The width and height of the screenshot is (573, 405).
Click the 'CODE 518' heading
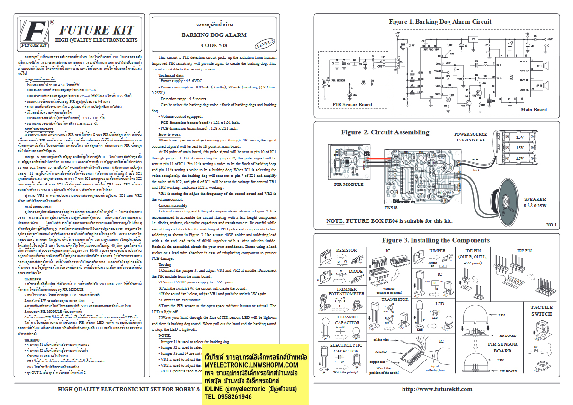(214, 45)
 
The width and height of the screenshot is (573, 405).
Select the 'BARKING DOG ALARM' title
(214, 35)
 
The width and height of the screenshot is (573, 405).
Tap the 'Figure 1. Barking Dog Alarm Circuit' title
(440, 22)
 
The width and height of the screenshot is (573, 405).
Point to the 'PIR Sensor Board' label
(352, 104)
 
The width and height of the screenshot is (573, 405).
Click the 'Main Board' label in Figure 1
(534, 110)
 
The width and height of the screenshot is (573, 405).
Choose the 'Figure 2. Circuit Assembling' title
(385, 132)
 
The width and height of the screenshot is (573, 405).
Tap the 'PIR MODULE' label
(349, 185)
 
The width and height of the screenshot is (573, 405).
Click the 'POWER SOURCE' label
(471, 135)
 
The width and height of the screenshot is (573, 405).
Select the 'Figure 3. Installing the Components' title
(436, 240)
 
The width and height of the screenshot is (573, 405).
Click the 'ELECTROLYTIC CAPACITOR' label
(346, 348)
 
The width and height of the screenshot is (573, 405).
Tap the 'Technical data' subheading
(170, 75)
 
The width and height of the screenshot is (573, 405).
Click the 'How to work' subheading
(169, 135)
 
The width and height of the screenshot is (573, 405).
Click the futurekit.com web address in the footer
(437, 389)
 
